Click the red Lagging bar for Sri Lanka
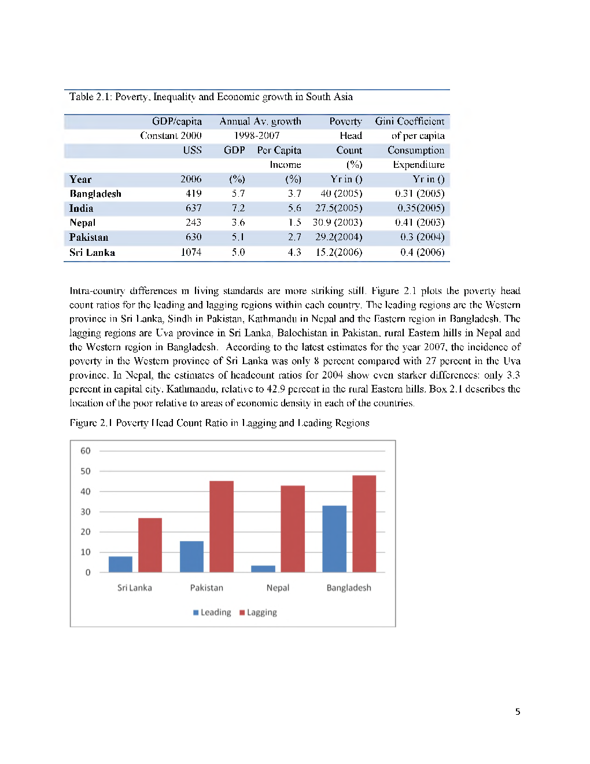[x=150, y=545]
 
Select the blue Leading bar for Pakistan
[x=191, y=556]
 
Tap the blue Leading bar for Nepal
[x=263, y=568]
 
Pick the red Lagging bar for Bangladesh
[x=364, y=523]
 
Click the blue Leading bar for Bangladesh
[x=334, y=538]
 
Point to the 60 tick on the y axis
[x=86, y=451]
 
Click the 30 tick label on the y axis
[x=86, y=512]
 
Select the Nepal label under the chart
[x=278, y=587]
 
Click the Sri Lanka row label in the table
[x=92, y=252]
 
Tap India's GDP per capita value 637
[x=193, y=208]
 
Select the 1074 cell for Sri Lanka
[x=191, y=252]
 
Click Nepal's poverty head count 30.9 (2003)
[x=337, y=222]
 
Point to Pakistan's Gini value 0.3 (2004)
[x=422, y=237]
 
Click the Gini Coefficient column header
[x=410, y=122]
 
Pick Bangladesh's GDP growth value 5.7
[x=238, y=193]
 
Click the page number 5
[x=518, y=712]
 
